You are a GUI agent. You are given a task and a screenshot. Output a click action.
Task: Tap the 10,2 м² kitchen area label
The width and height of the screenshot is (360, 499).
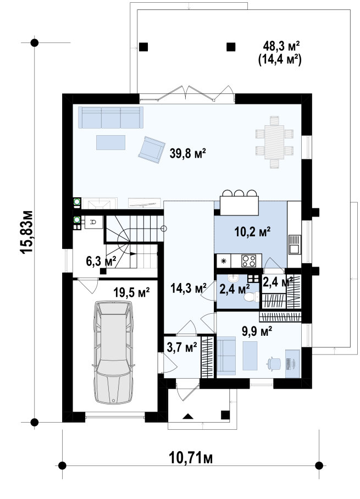click(252, 231)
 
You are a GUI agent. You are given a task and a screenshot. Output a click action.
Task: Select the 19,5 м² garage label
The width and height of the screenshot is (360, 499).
click(131, 292)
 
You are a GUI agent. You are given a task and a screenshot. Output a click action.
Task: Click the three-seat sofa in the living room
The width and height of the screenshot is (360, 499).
click(111, 118)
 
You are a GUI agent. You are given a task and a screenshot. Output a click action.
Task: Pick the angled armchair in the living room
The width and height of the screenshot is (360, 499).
click(152, 149)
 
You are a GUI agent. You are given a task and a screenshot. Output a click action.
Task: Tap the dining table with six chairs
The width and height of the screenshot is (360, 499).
click(274, 142)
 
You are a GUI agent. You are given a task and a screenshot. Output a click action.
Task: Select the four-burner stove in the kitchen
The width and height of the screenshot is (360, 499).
click(248, 261)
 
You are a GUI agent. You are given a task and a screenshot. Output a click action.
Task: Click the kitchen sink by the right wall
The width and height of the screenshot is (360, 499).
click(295, 244)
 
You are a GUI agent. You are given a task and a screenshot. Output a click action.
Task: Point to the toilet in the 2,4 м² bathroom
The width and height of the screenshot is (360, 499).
click(252, 297)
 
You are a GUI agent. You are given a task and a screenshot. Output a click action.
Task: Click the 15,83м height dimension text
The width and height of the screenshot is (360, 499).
click(26, 232)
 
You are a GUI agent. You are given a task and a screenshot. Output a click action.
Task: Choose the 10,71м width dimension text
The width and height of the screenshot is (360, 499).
click(190, 458)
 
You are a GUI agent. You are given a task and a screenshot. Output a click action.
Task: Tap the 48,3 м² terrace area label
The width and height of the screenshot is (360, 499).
click(281, 47)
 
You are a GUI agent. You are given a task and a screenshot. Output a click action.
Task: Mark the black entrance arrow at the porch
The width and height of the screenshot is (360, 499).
click(188, 415)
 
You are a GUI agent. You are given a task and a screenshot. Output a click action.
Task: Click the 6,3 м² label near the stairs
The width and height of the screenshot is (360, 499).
click(101, 261)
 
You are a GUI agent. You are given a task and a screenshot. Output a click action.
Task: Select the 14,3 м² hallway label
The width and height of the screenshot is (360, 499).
click(189, 289)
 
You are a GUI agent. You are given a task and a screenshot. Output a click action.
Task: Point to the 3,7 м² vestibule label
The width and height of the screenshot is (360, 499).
click(182, 347)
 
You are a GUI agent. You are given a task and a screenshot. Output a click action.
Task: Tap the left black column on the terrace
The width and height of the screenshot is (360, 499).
click(143, 47)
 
